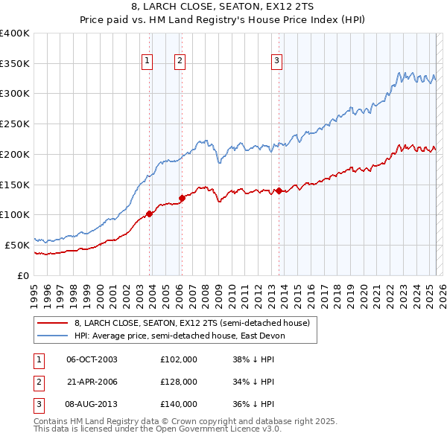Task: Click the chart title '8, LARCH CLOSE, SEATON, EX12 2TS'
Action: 223,8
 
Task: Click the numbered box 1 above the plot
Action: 147,61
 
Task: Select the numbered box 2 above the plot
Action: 180,61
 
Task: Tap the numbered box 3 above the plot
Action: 276,61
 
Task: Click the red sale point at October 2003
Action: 150,214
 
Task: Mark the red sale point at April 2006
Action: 181,198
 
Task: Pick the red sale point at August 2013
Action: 279,190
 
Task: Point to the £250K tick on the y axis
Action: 15,124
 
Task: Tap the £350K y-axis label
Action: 15,63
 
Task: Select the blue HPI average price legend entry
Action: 180,336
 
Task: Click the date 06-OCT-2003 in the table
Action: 92,359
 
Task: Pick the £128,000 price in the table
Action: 179,382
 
